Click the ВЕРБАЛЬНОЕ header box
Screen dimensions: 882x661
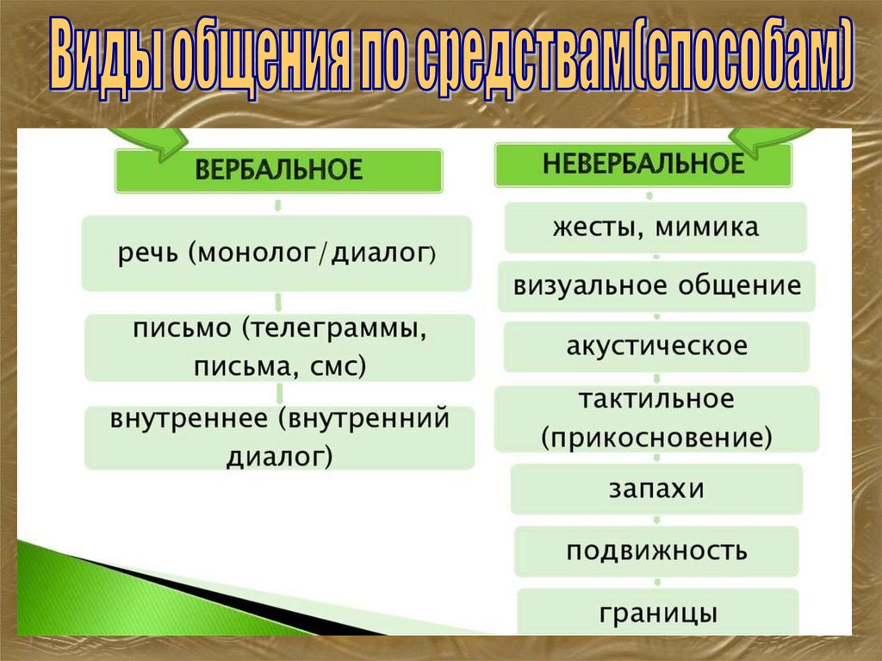tap(279, 171)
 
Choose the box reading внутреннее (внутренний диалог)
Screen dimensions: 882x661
tap(279, 438)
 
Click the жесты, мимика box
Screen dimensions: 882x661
tap(655, 228)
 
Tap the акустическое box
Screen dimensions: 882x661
tap(656, 346)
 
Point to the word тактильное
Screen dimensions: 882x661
tap(656, 400)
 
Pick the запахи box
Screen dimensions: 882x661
tap(656, 490)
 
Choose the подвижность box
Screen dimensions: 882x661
tap(656, 551)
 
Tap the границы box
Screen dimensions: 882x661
tap(656, 614)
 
